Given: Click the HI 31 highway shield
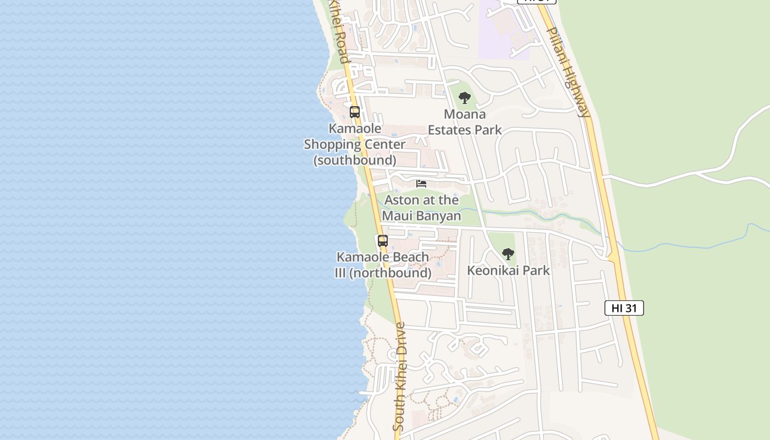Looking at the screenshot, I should [624, 308].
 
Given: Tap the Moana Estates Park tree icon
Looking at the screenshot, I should [465, 98].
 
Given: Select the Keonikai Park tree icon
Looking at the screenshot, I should [508, 254].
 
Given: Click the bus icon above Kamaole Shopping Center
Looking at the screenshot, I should [355, 112].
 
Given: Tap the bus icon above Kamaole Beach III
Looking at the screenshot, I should [382, 241].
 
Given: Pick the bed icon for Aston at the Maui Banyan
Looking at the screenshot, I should [421, 184].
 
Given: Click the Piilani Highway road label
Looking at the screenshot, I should [569, 71].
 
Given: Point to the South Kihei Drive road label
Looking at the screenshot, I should [400, 376].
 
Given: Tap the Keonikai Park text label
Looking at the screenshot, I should [508, 270].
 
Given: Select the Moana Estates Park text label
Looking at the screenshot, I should [465, 122].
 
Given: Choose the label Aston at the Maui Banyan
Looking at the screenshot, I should [421, 208].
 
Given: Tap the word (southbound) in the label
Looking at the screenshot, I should [355, 160].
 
